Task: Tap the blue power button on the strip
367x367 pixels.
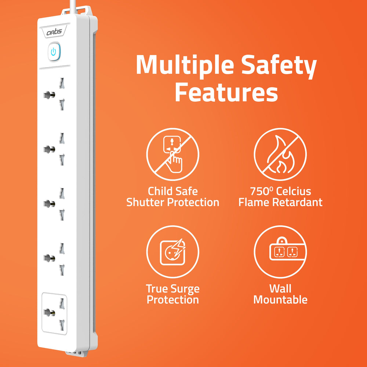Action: [54, 52]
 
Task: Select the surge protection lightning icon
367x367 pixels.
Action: [172, 252]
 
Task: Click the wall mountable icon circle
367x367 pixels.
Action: [280, 252]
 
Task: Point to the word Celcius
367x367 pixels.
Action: [294, 191]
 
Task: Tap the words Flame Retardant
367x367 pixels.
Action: [280, 202]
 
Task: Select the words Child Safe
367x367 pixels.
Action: [172, 191]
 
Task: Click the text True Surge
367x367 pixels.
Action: [172, 289]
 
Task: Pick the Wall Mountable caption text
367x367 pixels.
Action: [280, 294]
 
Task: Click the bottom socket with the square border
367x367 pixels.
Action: [54, 313]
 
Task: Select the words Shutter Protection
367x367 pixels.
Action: [172, 202]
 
